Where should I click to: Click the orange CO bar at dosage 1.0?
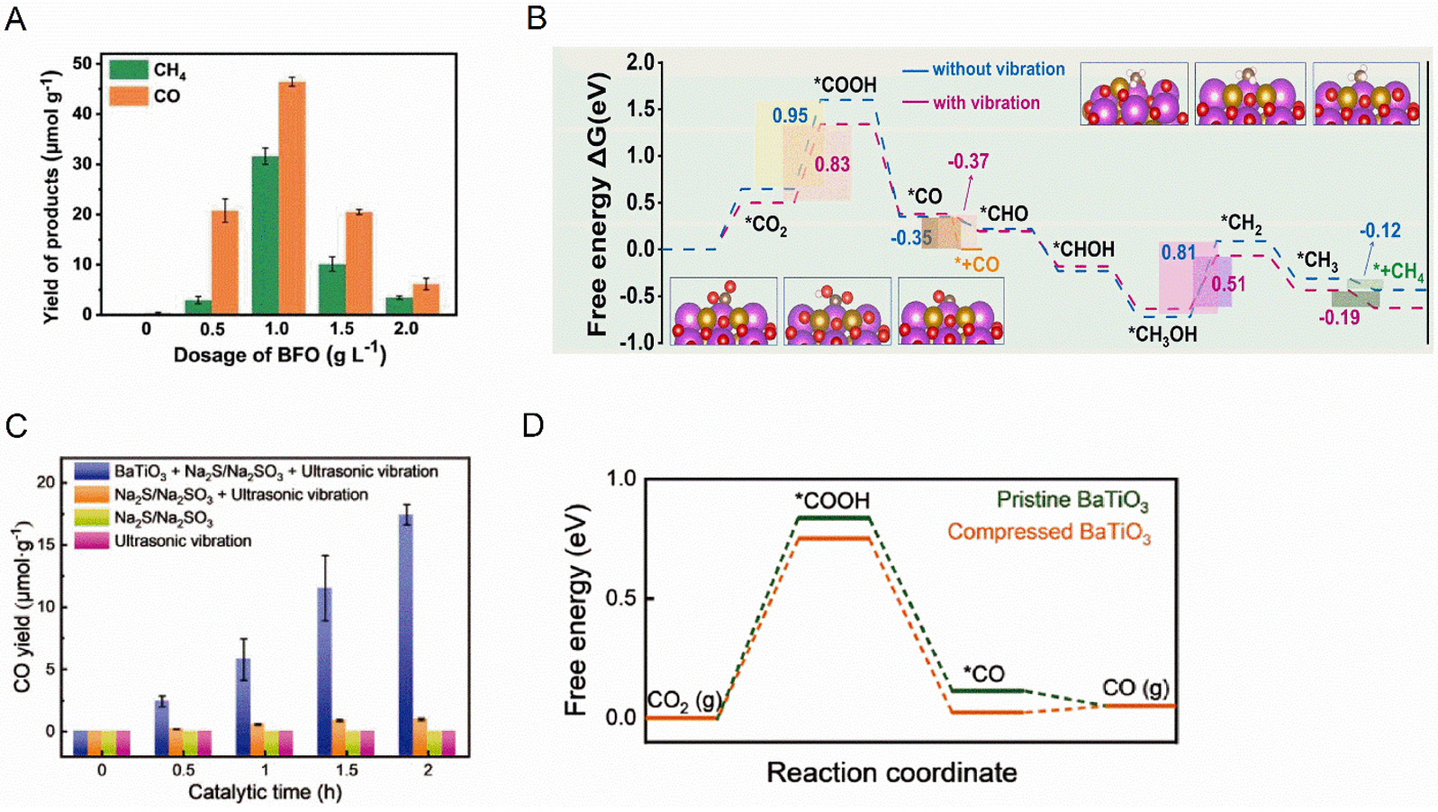[x=292, y=197]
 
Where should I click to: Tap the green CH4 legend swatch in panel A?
[x=129, y=69]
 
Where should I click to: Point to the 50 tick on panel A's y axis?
[x=82, y=63]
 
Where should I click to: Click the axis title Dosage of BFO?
[x=279, y=355]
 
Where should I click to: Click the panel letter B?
[x=536, y=18]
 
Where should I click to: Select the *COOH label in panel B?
[x=845, y=85]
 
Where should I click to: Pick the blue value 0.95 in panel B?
[x=790, y=115]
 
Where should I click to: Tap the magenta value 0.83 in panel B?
[x=832, y=164]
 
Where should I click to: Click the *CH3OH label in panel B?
[x=1162, y=334]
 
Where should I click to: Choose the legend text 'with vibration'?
[x=986, y=103]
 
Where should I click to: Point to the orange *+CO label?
[x=977, y=264]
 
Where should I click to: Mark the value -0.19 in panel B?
[x=1339, y=317]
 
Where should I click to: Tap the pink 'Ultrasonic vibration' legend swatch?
[x=92, y=541]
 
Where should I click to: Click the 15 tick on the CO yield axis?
[x=45, y=544]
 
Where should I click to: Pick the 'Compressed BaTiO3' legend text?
[x=1049, y=533]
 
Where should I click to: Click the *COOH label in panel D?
[x=832, y=500]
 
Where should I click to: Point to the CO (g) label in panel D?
[x=1136, y=689]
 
